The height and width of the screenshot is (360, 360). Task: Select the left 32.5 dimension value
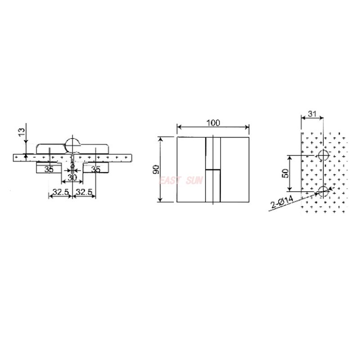[60, 192]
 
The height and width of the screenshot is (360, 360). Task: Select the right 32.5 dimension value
[84, 192]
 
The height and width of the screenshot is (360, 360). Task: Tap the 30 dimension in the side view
[72, 178]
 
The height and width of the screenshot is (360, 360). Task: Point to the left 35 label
[49, 169]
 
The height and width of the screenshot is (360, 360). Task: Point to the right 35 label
[95, 169]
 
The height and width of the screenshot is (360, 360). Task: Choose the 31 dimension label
[312, 114]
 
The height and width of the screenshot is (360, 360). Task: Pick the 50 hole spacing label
[284, 174]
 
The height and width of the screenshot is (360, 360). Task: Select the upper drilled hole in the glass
[323, 156]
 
